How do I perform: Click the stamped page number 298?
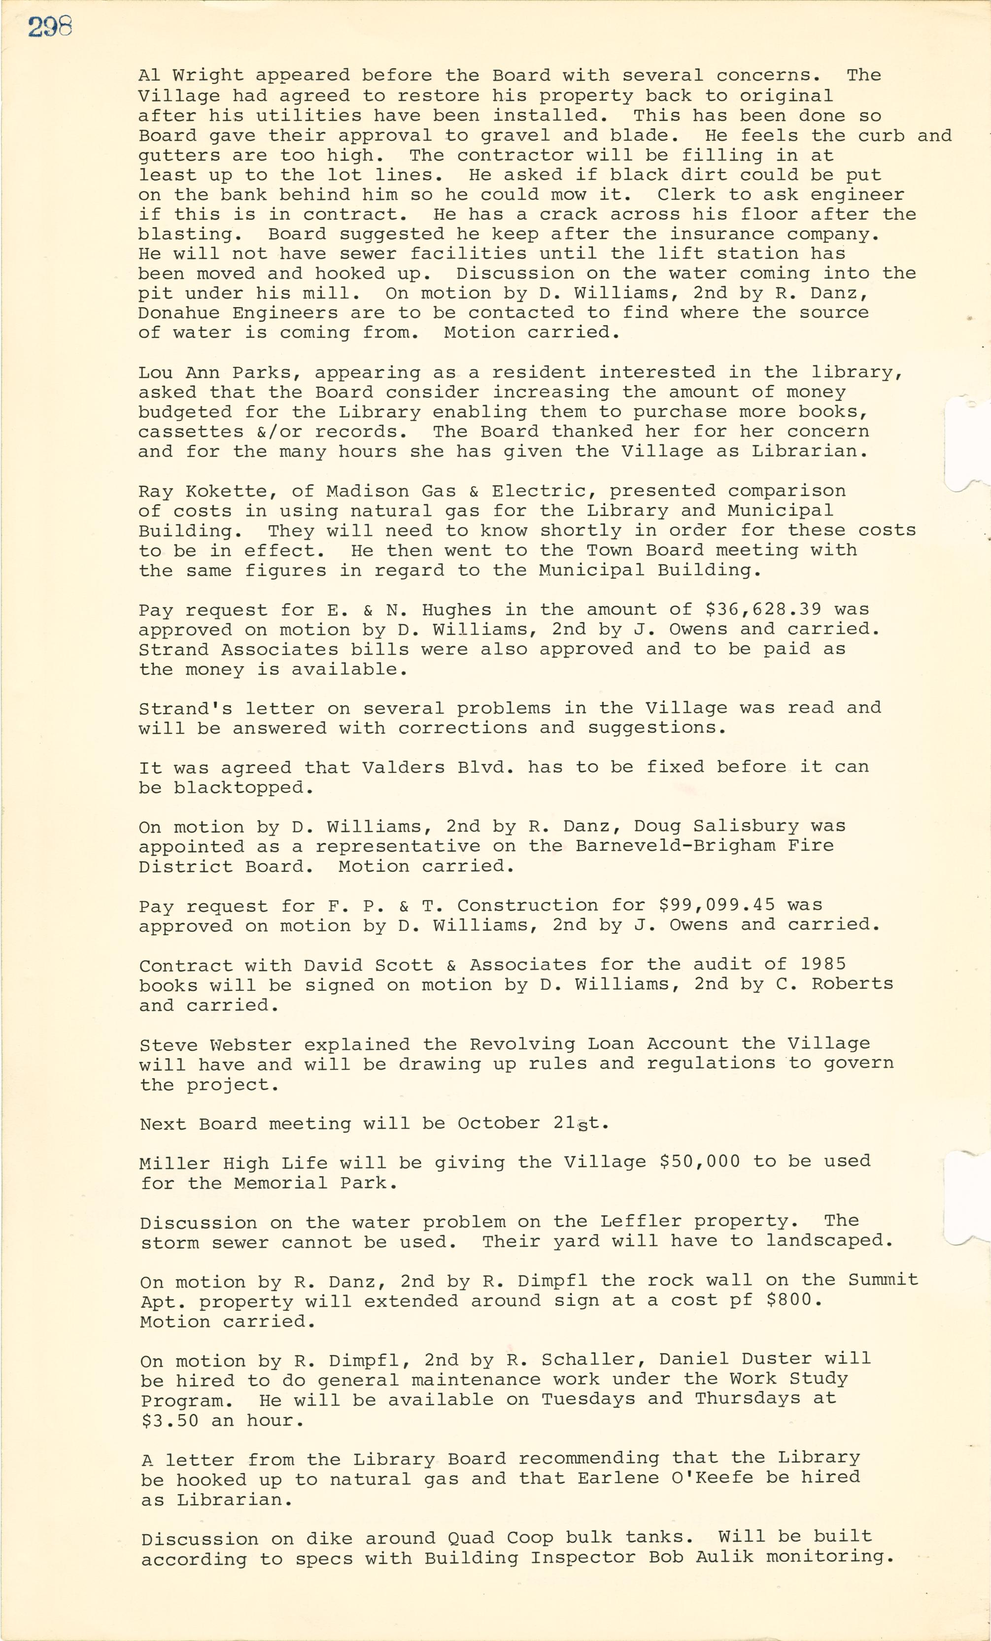pyautogui.click(x=49, y=27)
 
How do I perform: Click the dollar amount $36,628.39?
pyautogui.click(x=763, y=609)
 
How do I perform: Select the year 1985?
pyautogui.click(x=823, y=965)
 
